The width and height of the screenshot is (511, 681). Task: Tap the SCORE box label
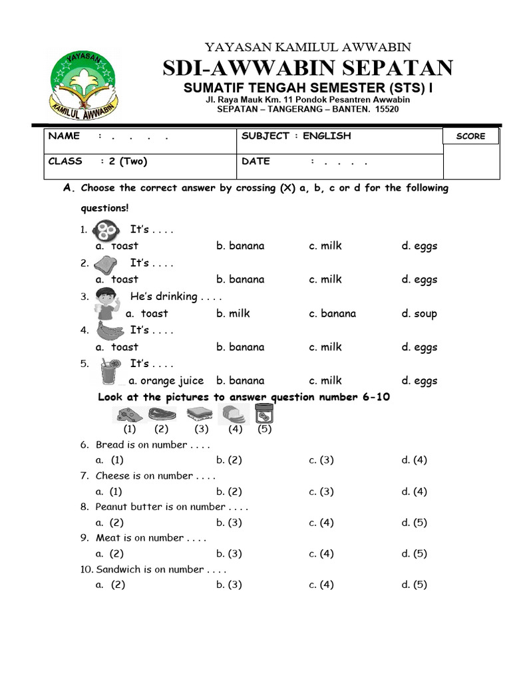point(470,136)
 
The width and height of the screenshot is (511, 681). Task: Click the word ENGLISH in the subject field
point(327,136)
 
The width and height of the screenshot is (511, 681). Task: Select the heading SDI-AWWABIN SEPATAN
point(308,68)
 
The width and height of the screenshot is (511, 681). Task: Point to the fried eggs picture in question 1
point(104,231)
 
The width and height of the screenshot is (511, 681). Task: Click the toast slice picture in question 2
point(105,264)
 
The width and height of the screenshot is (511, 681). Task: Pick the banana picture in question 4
point(107,331)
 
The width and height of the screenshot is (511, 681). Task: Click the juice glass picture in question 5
point(110,371)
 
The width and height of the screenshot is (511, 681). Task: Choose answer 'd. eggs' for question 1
point(419,246)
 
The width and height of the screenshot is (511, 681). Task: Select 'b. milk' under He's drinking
point(233,314)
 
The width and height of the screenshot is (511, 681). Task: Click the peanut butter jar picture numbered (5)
point(265,414)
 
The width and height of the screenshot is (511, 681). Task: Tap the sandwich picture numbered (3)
point(200,415)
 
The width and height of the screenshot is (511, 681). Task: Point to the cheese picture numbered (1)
point(129,416)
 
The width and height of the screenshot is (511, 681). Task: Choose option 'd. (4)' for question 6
point(414,460)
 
